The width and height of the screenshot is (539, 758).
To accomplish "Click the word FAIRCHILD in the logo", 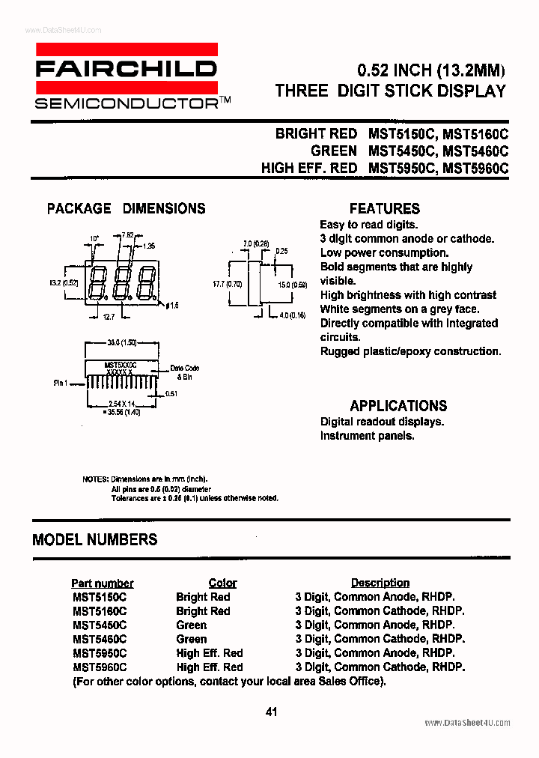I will pos(127,70).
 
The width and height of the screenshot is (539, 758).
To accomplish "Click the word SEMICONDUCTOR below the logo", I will pos(125,103).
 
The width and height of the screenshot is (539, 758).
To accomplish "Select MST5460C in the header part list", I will pos(475,151).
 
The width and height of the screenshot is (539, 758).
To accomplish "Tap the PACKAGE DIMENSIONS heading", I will pos(126,209).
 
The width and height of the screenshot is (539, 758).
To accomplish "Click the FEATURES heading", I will pos(385,209).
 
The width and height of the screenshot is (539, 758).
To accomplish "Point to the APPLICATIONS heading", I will pos(398,406).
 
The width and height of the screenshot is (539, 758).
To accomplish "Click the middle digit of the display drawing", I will pos(122,282).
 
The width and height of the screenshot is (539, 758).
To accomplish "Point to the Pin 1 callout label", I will pos(61,383).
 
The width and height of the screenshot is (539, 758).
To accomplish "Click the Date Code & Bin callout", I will pos(185,372).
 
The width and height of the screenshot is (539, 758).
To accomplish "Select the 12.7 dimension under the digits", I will pos(109,318).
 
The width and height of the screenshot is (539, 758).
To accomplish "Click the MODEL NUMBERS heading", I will pos(95,539).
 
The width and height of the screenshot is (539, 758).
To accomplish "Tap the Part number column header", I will pos(103,583).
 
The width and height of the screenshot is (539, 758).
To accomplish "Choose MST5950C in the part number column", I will pos(100,653).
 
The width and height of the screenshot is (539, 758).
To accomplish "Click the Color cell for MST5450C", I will pos(192,625).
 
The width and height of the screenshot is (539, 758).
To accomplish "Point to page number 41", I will pos(270,712).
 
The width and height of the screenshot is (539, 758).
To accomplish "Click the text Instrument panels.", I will pos(367,436).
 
